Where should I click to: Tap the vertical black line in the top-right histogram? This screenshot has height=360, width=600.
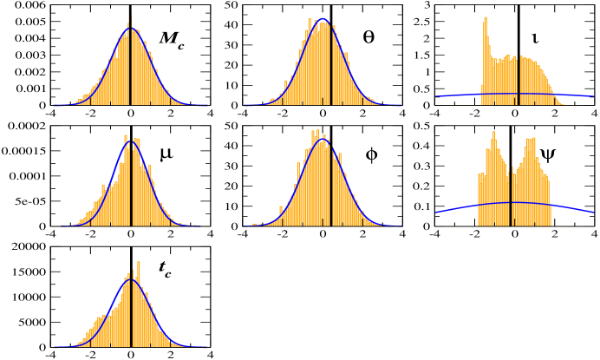tap(518, 82)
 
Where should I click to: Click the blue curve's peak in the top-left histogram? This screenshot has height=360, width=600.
tap(131, 29)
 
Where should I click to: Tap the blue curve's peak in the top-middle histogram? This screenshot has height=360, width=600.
tap(323, 20)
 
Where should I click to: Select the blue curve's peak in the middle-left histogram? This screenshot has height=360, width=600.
tap(130, 141)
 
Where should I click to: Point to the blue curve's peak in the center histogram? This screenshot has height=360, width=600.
tap(323, 138)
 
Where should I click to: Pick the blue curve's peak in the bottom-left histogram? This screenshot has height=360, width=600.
tap(131, 279)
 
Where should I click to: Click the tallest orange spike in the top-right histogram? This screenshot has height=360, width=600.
tap(486, 18)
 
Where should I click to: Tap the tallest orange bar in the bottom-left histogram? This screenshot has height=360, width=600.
tap(138, 263)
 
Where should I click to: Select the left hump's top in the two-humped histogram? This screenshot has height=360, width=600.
tap(493, 133)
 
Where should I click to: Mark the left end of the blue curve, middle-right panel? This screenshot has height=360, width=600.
tap(436, 213)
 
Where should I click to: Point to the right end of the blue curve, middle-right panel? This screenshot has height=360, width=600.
tap(594, 212)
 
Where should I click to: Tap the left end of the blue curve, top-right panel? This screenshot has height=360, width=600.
tap(436, 95)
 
